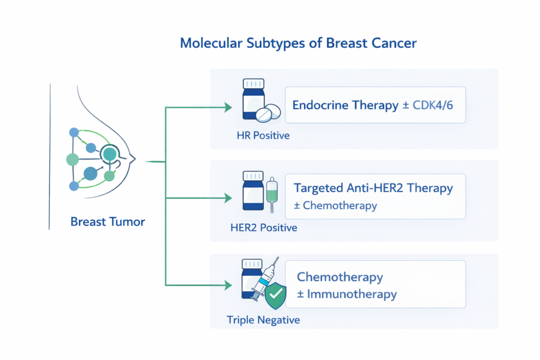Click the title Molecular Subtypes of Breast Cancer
coord(298,43)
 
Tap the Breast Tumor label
coord(108,221)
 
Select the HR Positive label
coord(263,135)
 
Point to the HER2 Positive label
coord(264,228)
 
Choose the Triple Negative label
coord(263,319)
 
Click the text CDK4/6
coord(433,105)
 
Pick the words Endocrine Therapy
coord(345,105)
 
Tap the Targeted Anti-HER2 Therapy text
coord(373,188)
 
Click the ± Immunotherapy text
coord(346,294)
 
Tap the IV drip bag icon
coord(272,193)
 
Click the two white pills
coord(268,113)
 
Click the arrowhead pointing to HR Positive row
coord(228,108)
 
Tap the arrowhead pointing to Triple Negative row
coord(228,285)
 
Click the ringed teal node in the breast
coord(110,154)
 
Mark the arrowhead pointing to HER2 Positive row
coord(228,198)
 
